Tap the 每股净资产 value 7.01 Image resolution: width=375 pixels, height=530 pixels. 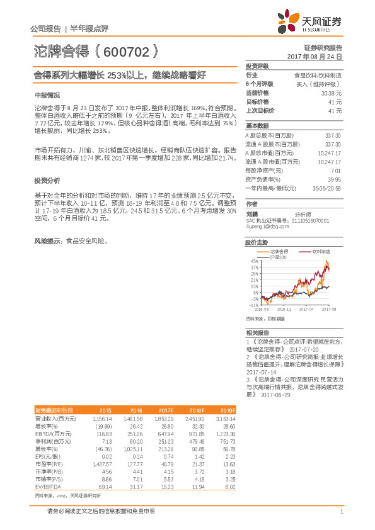(x=337, y=170)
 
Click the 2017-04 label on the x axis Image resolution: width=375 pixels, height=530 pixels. (x=306, y=310)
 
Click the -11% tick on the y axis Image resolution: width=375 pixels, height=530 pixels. (x=254, y=305)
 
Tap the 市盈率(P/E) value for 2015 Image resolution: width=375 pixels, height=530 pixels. (x=101, y=463)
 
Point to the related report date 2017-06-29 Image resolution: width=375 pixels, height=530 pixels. (x=275, y=395)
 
